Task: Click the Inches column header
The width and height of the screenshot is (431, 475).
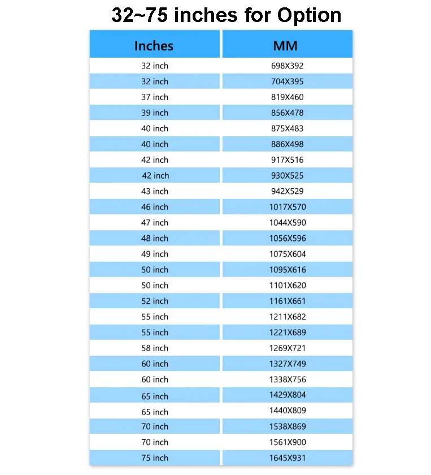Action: pyautogui.click(x=154, y=46)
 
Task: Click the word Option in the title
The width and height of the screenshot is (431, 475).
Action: pyautogui.click(x=309, y=15)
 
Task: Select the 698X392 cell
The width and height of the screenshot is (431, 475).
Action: pyautogui.click(x=287, y=66)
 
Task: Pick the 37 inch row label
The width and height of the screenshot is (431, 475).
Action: pyautogui.click(x=155, y=97)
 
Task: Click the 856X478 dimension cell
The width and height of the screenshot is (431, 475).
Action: pyautogui.click(x=287, y=113)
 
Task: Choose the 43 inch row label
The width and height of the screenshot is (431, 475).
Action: pyautogui.click(x=155, y=191)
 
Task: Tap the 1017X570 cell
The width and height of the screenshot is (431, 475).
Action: pyautogui.click(x=287, y=207)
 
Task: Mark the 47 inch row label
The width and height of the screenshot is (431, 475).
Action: pyautogui.click(x=155, y=223)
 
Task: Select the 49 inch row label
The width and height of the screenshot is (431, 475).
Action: pyautogui.click(x=155, y=254)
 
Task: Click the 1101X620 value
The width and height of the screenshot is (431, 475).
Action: pyautogui.click(x=287, y=286)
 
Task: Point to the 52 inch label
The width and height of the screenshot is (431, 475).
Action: pyautogui.click(x=155, y=301)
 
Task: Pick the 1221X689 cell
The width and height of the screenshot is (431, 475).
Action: pyautogui.click(x=287, y=332)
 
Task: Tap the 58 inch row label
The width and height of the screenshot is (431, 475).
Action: pyautogui.click(x=155, y=348)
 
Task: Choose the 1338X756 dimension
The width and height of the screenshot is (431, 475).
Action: pyautogui.click(x=287, y=379)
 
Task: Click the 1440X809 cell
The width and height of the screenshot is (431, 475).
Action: pyautogui.click(x=287, y=411)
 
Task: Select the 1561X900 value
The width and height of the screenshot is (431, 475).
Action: pyautogui.click(x=287, y=442)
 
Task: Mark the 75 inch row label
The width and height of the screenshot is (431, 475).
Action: pyautogui.click(x=155, y=458)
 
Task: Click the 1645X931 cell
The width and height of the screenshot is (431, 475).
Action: pyautogui.click(x=287, y=458)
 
